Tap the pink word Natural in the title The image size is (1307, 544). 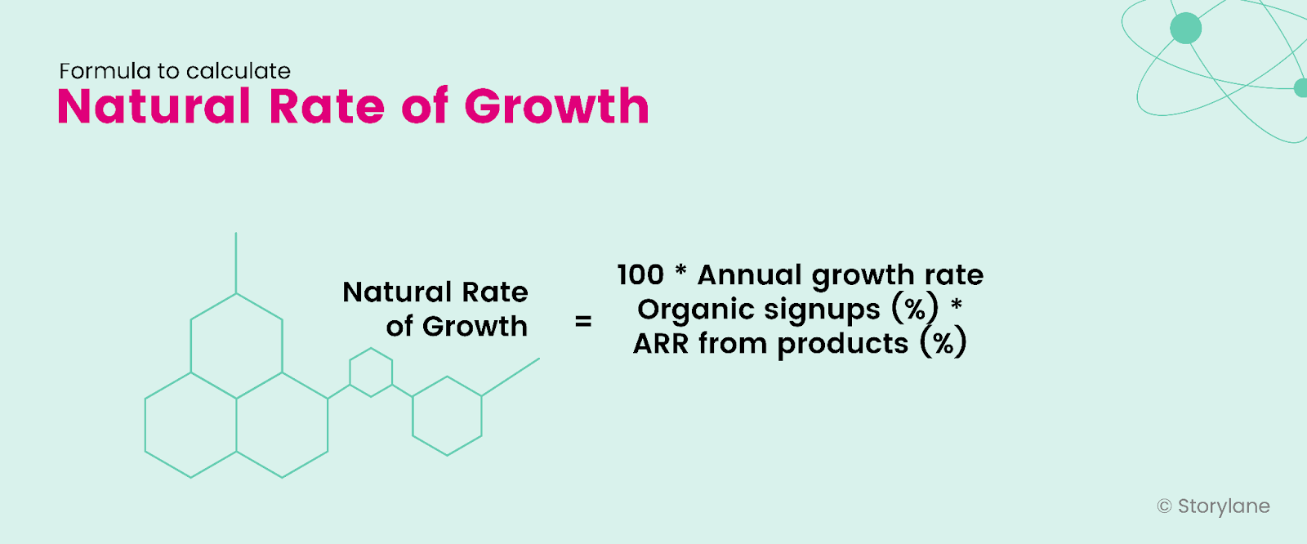[x=154, y=107]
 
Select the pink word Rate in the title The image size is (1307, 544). [x=326, y=107]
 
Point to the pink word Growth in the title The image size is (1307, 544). [x=557, y=107]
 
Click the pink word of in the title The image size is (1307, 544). [x=425, y=107]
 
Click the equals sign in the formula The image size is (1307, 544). [x=583, y=322]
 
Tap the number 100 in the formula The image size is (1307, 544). [x=641, y=274]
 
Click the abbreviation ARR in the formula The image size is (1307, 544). [x=661, y=344]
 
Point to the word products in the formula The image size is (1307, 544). [x=842, y=344]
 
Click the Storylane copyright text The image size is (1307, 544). [x=1223, y=506]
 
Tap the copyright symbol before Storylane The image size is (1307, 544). [x=1164, y=506]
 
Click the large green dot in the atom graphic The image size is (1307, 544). [x=1185, y=29]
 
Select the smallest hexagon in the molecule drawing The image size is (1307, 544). [x=371, y=372]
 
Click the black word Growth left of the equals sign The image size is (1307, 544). [x=475, y=326]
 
